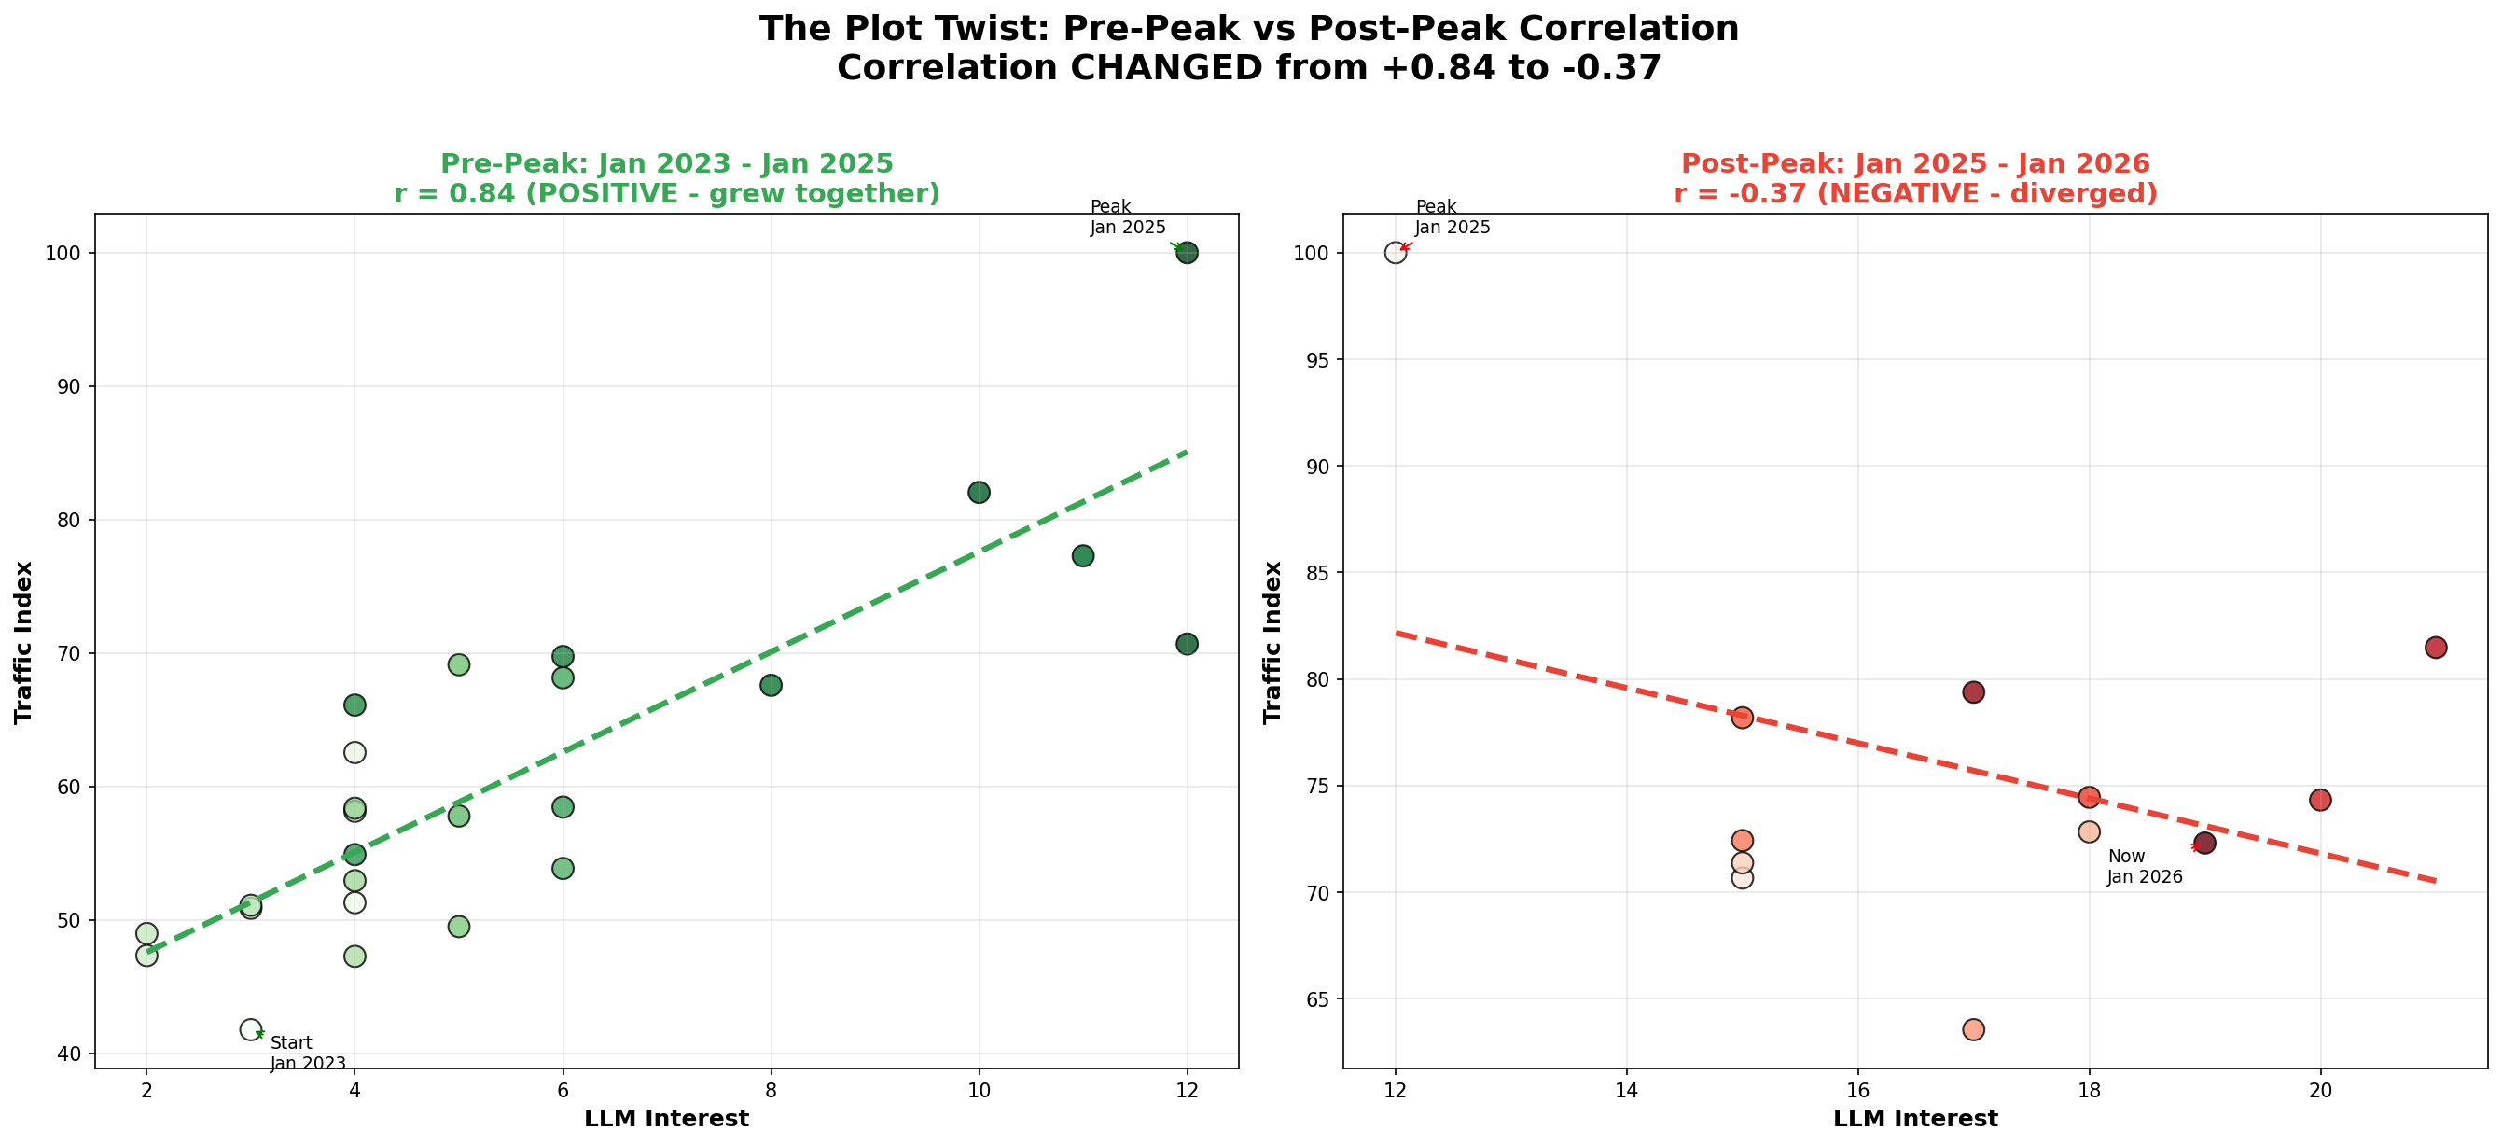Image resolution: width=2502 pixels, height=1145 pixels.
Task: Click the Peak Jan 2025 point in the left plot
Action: tap(1186, 254)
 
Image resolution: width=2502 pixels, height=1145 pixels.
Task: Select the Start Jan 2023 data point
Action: tap(251, 1029)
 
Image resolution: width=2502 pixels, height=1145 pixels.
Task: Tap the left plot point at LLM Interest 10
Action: tap(979, 493)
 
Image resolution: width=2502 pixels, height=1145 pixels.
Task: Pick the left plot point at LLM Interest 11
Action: tap(1083, 555)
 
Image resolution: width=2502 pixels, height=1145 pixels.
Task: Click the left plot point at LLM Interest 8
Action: tap(771, 686)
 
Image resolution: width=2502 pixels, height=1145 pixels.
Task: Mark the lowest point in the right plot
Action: tap(1974, 1029)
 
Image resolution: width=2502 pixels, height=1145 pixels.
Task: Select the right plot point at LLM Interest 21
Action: tap(2436, 648)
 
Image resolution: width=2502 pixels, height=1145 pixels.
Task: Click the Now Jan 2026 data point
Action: tap(2204, 843)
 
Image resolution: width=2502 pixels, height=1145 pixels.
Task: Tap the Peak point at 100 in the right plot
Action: tap(1396, 254)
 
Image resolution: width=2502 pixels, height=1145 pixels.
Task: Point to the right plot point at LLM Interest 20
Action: tap(2320, 801)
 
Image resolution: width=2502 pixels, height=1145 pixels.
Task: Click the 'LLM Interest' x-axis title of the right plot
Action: tap(1915, 1119)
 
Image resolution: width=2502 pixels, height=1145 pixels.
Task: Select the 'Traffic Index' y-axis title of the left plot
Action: tap(23, 642)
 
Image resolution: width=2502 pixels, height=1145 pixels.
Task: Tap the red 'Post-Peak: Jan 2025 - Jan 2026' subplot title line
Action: tap(1915, 163)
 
